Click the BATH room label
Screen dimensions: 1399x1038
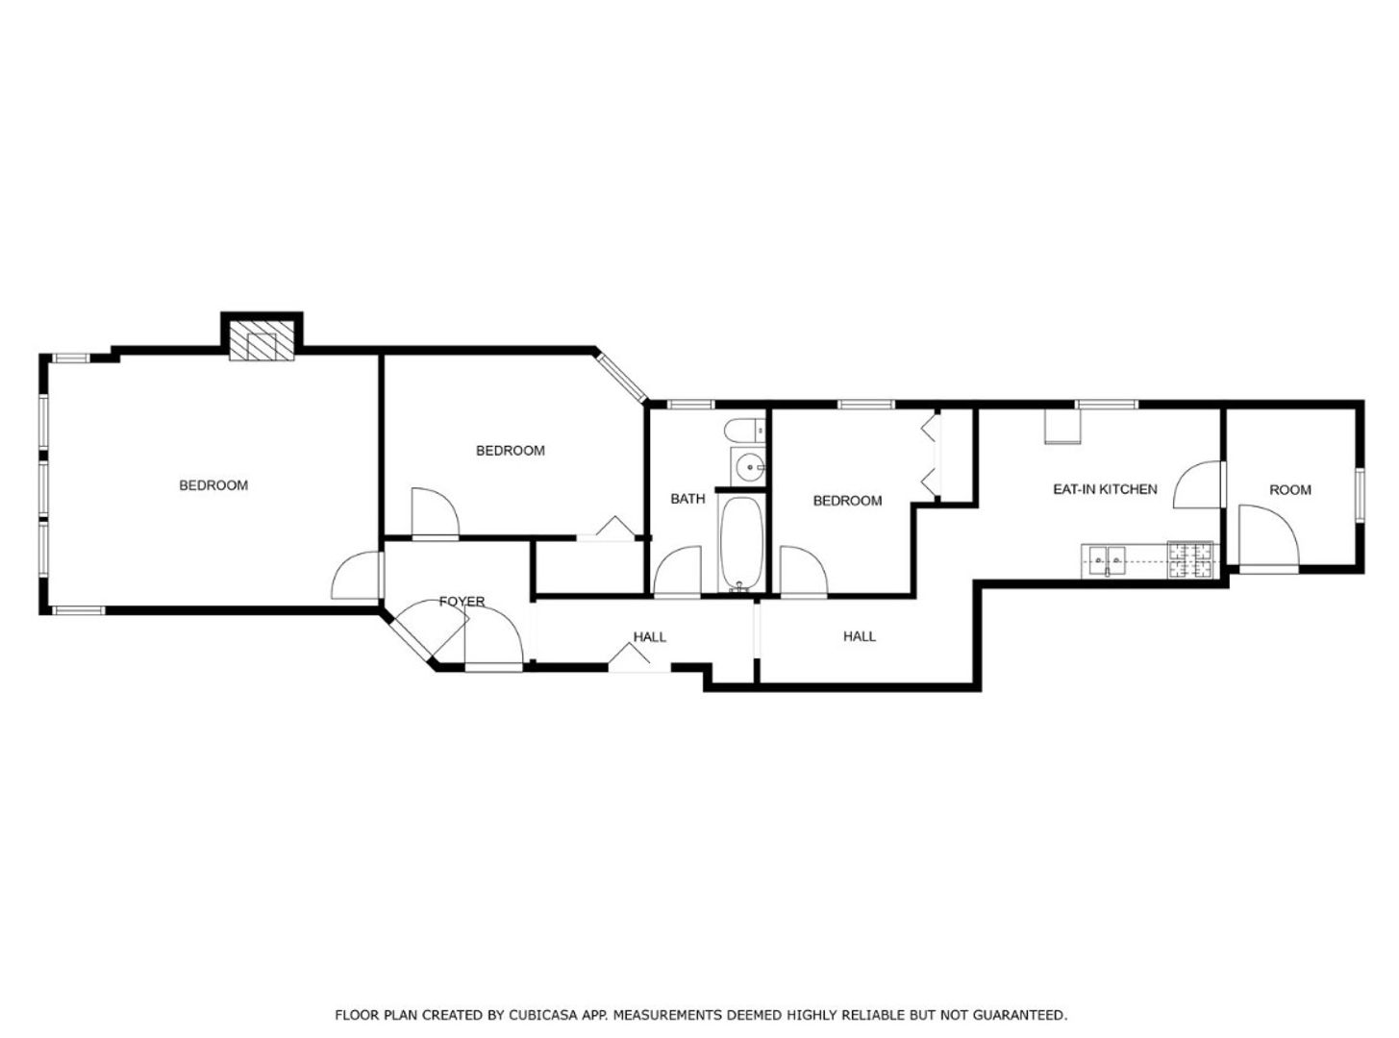pyautogui.click(x=687, y=500)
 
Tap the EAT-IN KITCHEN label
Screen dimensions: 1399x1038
pyautogui.click(x=1105, y=489)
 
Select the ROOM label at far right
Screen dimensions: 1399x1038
pyautogui.click(x=1290, y=490)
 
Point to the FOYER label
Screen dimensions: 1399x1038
pyautogui.click(x=462, y=602)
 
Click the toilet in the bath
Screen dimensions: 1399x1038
pyautogui.click(x=744, y=432)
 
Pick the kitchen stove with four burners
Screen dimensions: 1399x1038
pyautogui.click(x=1190, y=560)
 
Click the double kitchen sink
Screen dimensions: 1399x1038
pyautogui.click(x=1108, y=559)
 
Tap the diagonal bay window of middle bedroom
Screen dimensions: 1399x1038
pyautogui.click(x=622, y=378)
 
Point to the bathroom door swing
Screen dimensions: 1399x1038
pyautogui.click(x=678, y=570)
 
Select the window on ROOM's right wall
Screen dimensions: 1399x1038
pyautogui.click(x=1360, y=494)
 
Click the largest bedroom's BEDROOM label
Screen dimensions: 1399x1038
pyautogui.click(x=213, y=485)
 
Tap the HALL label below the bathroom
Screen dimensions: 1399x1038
pyautogui.click(x=650, y=637)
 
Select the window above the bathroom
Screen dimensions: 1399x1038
pyautogui.click(x=690, y=405)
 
